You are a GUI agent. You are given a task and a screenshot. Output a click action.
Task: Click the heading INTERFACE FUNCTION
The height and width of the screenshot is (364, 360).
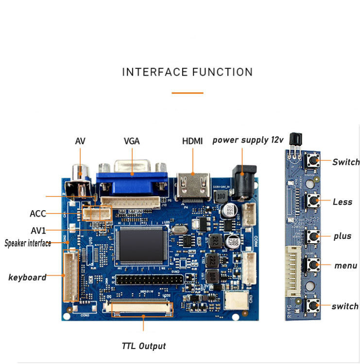point(187,72)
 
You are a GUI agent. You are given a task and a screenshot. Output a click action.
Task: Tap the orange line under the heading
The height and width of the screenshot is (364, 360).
point(187,92)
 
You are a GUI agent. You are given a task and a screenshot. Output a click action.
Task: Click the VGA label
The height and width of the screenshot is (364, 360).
point(132,141)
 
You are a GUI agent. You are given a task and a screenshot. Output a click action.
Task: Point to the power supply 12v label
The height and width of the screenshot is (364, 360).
point(248,140)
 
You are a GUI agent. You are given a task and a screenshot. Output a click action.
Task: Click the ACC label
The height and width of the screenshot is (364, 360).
point(38,214)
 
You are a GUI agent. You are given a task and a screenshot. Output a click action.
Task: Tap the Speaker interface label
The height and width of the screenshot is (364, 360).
point(28,243)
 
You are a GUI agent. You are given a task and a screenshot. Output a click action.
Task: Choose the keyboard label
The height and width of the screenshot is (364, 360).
point(27,278)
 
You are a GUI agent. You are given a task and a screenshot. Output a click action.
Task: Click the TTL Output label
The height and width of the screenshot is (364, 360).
point(143,346)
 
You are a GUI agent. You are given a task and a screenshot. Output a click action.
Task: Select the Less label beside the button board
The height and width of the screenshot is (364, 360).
point(343,202)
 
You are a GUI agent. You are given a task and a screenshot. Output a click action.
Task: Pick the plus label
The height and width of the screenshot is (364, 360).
point(343,236)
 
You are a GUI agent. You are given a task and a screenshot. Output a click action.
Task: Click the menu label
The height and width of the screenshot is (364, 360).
point(345,265)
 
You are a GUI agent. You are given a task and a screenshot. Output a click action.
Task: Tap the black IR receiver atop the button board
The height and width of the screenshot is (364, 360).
point(293,141)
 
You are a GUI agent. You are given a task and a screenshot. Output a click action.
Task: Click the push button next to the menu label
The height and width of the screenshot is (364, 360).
point(313,265)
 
